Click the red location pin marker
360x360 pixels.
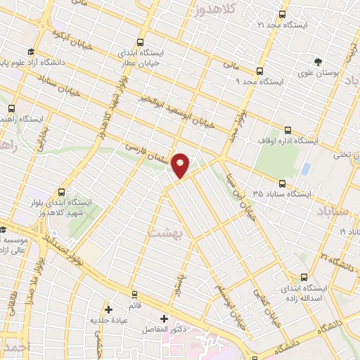[181, 165]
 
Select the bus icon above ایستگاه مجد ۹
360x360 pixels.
[259, 70]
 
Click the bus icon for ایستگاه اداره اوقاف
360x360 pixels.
[288, 129]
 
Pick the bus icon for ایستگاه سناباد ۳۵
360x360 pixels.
[282, 184]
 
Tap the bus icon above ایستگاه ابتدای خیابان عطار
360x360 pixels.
[141, 41]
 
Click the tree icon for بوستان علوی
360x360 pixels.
[318, 61]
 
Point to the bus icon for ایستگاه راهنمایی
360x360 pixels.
[12, 108]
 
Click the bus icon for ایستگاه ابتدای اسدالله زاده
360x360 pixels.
[304, 277]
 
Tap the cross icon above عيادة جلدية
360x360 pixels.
[108, 309]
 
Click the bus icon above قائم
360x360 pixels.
[133, 293]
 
